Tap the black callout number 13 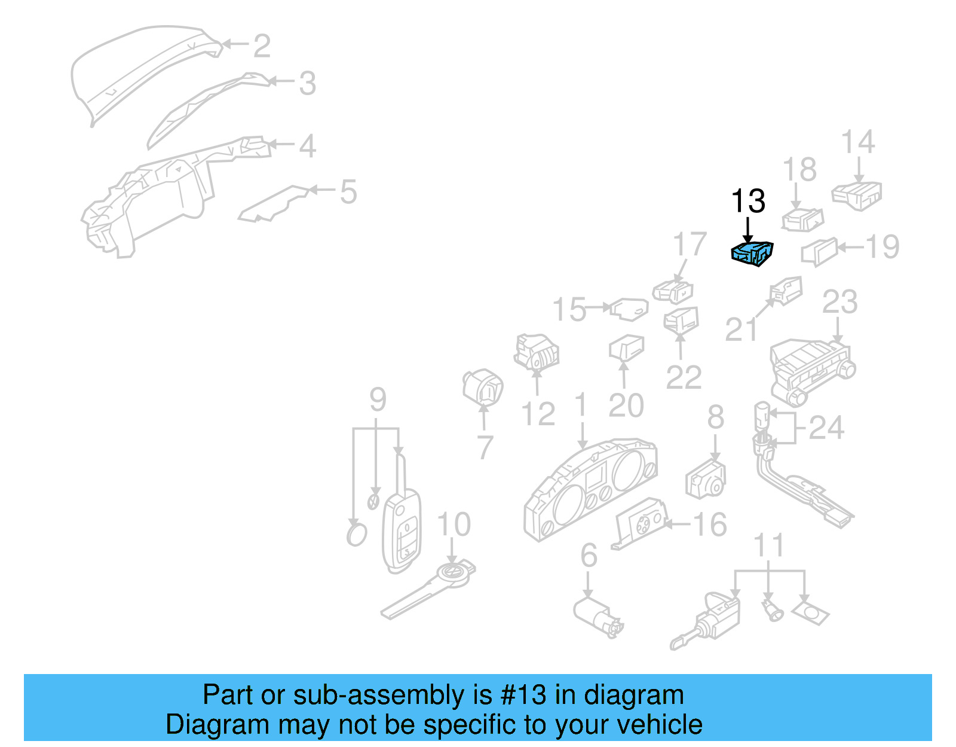(748, 201)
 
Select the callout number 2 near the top (262, 46)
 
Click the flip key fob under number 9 (402, 530)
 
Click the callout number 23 (839, 303)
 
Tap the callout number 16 (710, 525)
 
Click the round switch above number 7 (483, 386)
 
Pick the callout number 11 (768, 545)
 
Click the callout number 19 (883, 247)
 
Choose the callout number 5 (348, 192)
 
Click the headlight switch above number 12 (537, 352)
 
